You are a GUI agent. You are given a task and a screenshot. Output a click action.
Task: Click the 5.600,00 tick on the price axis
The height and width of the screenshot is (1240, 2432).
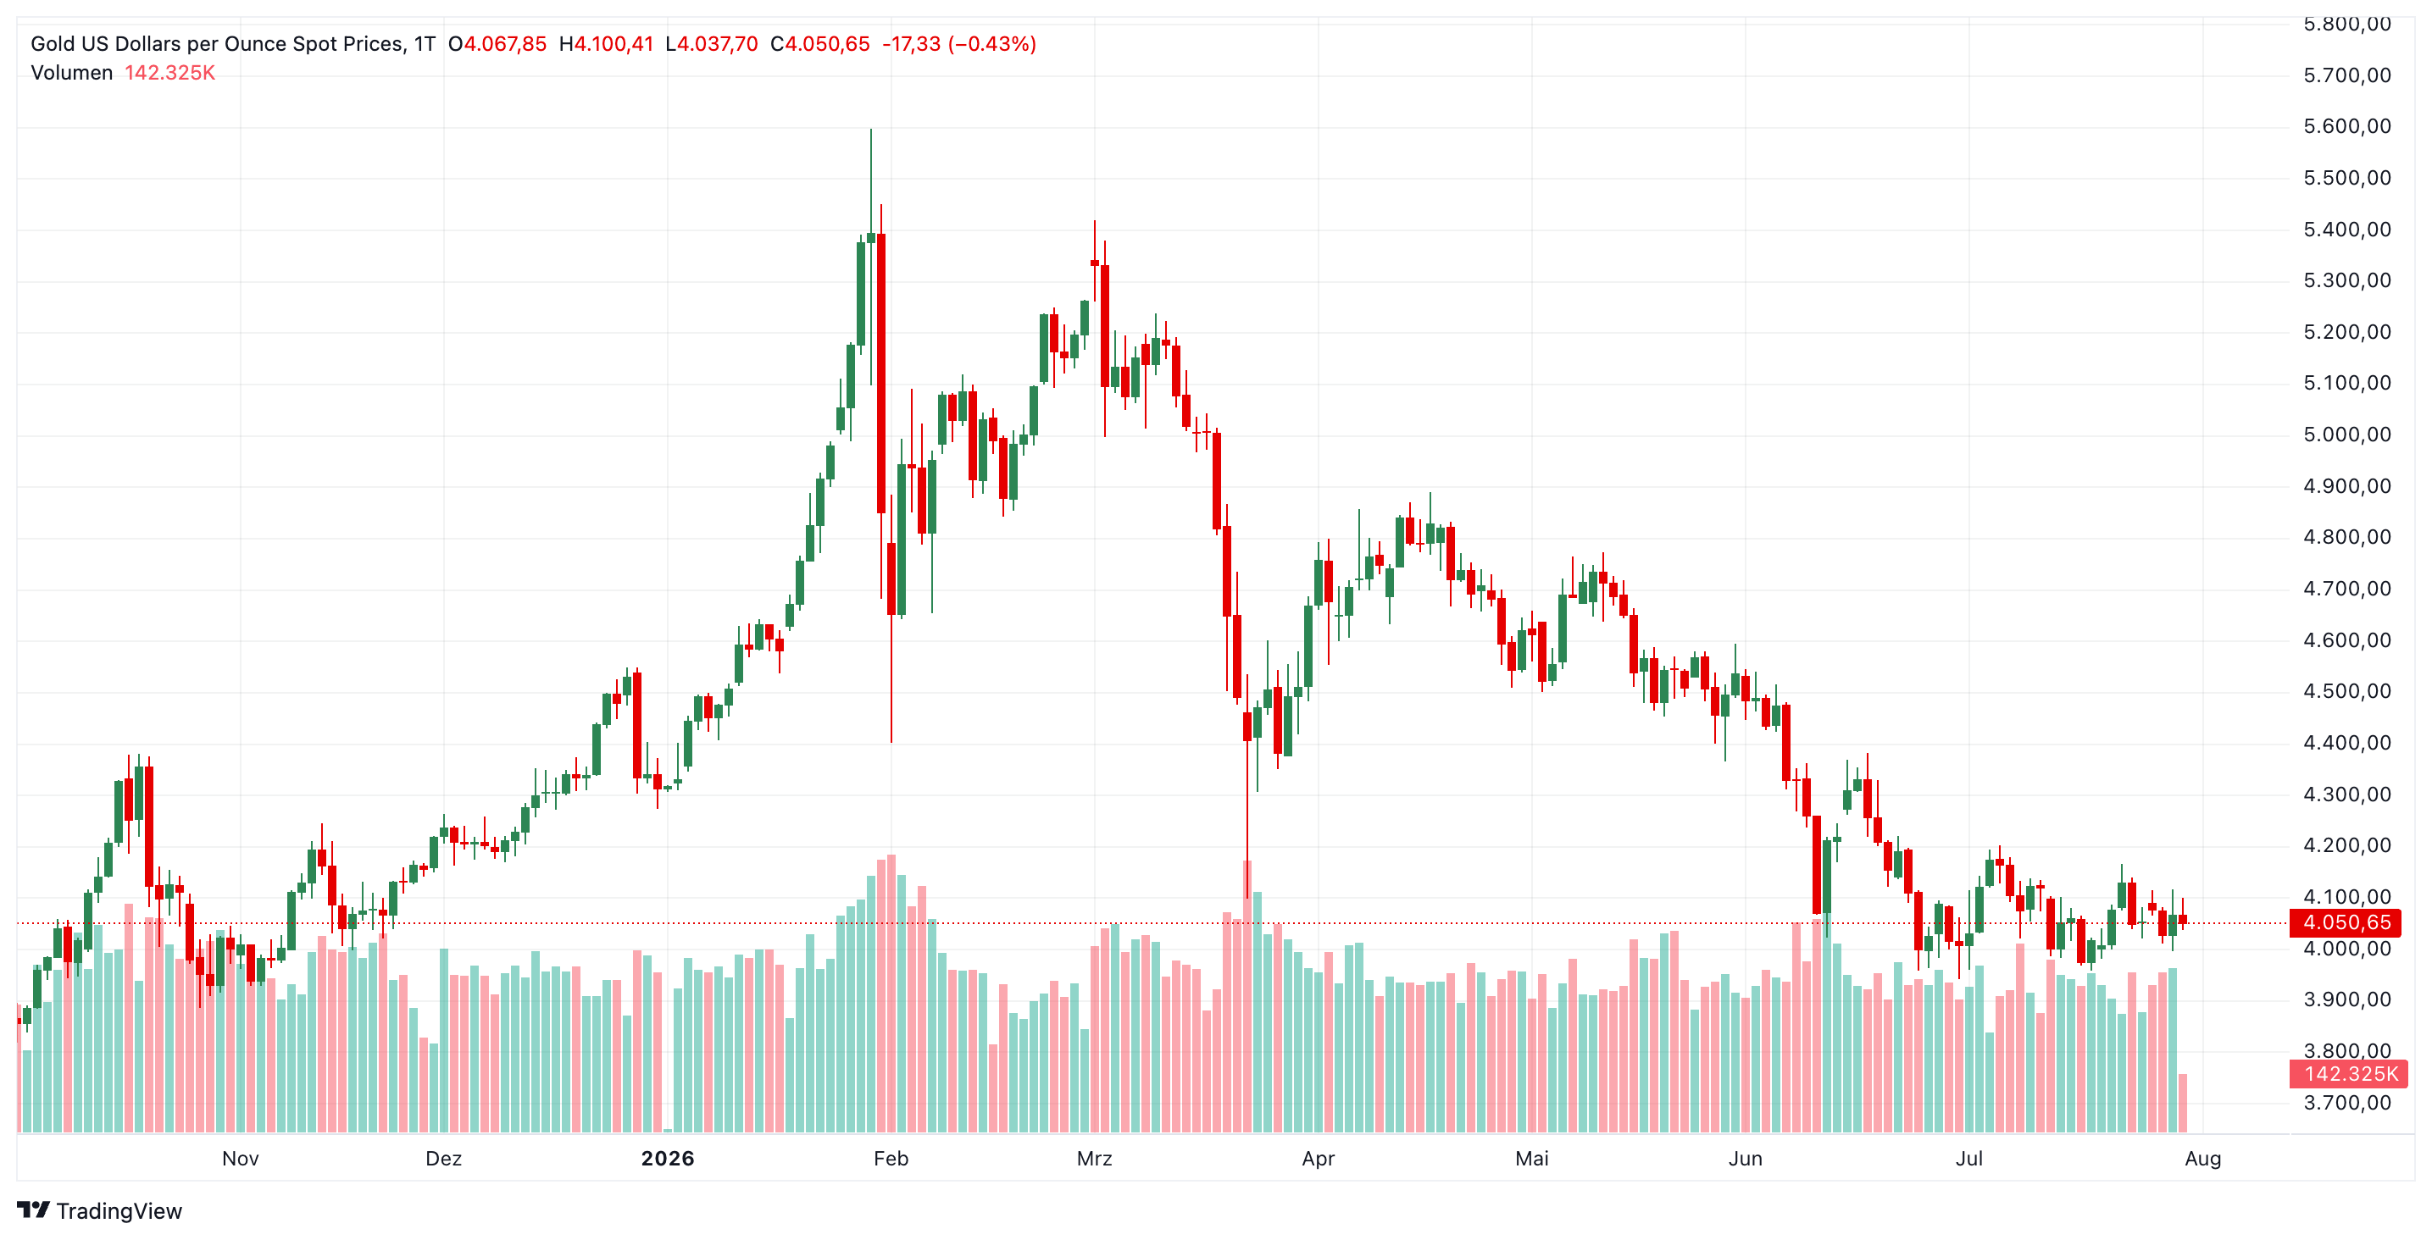(x=2347, y=126)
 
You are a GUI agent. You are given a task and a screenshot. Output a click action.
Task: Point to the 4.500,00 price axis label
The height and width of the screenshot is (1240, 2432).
(x=2347, y=691)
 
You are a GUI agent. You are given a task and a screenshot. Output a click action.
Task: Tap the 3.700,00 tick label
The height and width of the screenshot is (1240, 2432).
(x=2347, y=1102)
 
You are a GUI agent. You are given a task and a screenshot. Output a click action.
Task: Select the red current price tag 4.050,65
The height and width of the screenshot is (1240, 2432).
(x=2347, y=922)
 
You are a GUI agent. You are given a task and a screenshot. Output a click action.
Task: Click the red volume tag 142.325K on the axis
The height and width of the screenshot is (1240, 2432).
(x=2349, y=1074)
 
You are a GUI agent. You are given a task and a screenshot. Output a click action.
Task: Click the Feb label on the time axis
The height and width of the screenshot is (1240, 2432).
(x=891, y=1158)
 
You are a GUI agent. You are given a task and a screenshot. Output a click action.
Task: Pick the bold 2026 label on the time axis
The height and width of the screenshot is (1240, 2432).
(x=668, y=1158)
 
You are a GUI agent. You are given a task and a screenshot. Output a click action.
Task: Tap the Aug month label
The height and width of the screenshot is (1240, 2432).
(x=2202, y=1159)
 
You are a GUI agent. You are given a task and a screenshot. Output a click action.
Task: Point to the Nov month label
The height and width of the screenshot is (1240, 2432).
(x=240, y=1158)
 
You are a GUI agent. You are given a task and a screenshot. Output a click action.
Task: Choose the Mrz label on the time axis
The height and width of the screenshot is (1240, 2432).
(x=1094, y=1158)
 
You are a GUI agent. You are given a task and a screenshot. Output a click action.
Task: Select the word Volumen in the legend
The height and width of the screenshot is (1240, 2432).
(x=72, y=73)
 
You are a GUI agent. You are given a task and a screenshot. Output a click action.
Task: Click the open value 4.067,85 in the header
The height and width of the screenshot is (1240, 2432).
(x=505, y=43)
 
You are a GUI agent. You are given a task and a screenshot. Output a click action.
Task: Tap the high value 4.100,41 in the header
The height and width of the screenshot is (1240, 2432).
(x=614, y=43)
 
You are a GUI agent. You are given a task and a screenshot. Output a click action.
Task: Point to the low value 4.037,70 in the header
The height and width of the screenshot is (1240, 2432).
(x=718, y=43)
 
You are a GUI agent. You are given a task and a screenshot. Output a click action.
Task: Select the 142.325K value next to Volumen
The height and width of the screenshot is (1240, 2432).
(x=170, y=73)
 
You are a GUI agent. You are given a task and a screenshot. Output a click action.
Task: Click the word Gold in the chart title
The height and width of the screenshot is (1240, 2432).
(x=53, y=43)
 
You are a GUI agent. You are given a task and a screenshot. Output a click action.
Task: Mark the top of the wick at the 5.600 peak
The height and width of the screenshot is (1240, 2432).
(x=870, y=130)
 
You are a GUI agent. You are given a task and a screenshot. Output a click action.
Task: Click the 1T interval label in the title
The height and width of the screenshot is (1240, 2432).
(x=425, y=43)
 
